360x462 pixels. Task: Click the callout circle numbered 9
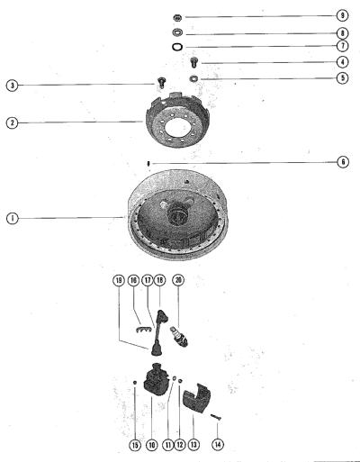coord(342,15)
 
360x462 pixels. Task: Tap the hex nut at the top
coord(177,17)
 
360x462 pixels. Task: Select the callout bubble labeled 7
coord(342,46)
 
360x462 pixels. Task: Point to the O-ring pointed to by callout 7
coord(177,47)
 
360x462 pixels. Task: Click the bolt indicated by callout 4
coord(194,62)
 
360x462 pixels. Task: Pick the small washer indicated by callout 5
coord(193,78)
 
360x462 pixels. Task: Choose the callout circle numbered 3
coord(12,86)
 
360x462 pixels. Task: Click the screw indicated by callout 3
coord(161,82)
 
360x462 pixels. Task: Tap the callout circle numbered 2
coord(12,122)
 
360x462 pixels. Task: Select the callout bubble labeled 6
coord(343,162)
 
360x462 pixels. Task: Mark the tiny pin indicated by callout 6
coord(148,164)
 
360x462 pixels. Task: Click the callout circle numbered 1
coord(12,218)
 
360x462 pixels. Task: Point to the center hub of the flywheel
coord(177,213)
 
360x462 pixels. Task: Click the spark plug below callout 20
coord(179,337)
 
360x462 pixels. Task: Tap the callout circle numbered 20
coord(178,280)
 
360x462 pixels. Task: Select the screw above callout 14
coord(216,417)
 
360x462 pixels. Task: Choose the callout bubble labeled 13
coord(193,444)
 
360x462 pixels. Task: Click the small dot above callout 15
coord(135,382)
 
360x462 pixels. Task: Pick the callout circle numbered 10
coord(151,445)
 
